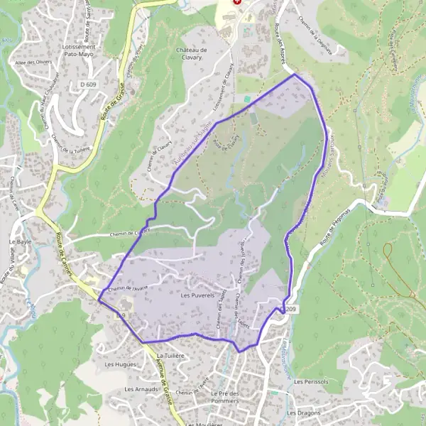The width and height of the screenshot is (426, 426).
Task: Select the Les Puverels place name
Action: point(197,295)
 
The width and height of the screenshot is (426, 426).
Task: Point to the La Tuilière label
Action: point(170,354)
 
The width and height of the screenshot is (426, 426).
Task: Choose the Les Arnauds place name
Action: point(139,389)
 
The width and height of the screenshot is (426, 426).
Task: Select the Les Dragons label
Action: point(303,413)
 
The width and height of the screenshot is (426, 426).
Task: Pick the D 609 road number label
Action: point(88,84)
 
